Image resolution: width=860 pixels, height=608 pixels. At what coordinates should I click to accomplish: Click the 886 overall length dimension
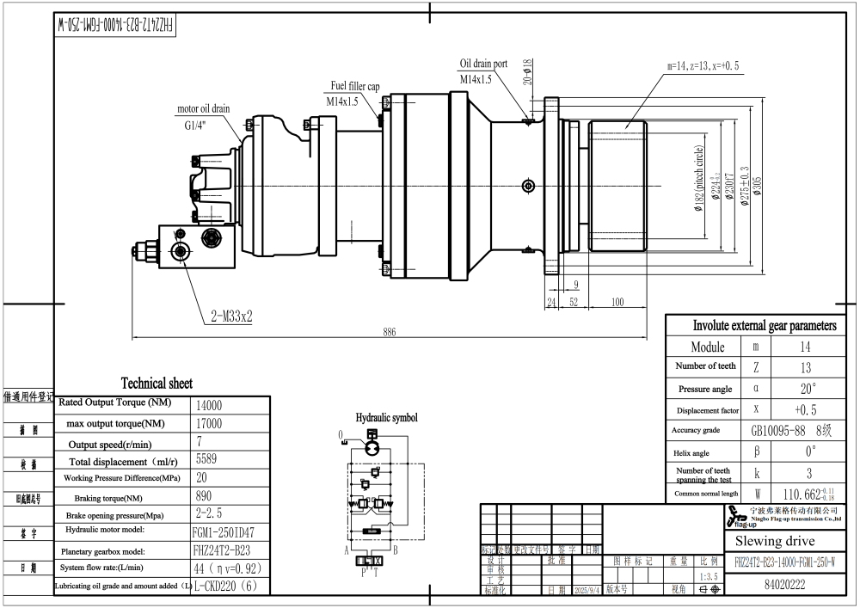pos(390,332)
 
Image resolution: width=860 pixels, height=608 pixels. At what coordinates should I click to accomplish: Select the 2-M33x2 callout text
pos(231,316)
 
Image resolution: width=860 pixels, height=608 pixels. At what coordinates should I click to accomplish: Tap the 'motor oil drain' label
pos(203,109)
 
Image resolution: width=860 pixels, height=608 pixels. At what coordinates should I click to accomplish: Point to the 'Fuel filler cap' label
pos(355,87)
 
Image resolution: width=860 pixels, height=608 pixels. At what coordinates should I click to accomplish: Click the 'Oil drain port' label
pos(483,64)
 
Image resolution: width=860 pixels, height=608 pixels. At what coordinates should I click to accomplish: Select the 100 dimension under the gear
pos(617,302)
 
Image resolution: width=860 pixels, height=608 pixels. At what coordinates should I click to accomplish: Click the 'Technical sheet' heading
pos(157,384)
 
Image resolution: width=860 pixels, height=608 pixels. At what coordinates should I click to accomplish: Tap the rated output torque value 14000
pos(210,403)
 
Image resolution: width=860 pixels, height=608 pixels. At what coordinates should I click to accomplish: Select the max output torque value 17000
pos(210,423)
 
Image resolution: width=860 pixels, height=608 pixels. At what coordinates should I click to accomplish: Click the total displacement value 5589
pos(206,458)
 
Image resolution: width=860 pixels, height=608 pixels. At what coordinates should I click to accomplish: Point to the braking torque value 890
pos(206,496)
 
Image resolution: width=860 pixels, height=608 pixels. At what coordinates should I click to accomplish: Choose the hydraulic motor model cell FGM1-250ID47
pos(225,532)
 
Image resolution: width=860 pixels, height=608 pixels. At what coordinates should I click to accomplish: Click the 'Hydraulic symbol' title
pos(386,417)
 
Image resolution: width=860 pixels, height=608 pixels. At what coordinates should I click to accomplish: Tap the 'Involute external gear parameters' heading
pos(765,326)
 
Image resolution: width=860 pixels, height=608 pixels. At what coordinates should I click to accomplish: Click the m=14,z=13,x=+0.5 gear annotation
pos(703,65)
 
